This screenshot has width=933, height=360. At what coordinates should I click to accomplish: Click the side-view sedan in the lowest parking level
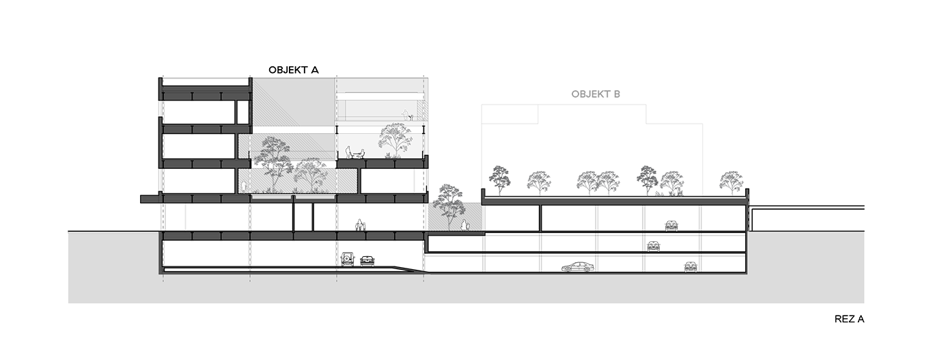[578, 266]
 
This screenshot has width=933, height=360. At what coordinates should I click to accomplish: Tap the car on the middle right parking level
[654, 245]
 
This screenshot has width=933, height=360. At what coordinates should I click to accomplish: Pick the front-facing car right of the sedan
[691, 266]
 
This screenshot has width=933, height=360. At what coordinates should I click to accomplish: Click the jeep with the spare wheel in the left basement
[348, 259]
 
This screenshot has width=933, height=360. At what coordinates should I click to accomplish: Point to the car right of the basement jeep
[367, 260]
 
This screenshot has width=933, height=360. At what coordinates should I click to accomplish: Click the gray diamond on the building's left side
[187, 217]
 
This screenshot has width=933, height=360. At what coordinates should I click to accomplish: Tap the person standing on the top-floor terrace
[405, 115]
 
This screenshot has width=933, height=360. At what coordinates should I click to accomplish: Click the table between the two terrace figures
[355, 154]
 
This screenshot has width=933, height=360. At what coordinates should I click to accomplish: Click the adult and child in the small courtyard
[465, 224]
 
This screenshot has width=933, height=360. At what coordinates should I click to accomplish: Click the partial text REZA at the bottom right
[849, 318]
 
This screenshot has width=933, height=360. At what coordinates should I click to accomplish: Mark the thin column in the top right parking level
[541, 217]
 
